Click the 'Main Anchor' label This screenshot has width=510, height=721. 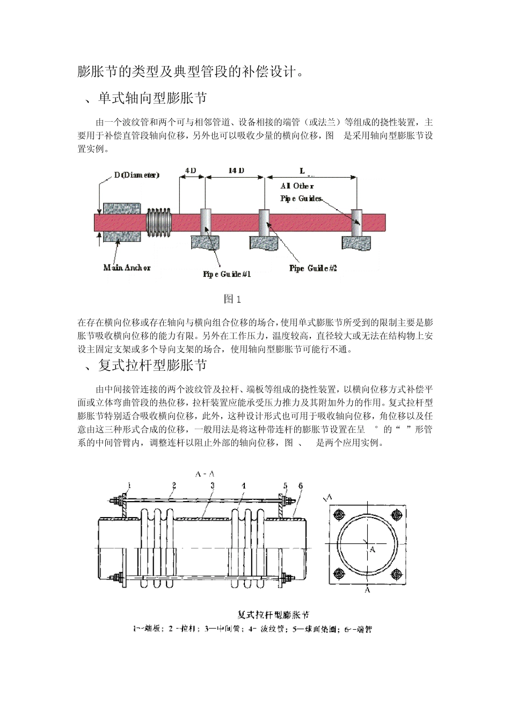(127, 268)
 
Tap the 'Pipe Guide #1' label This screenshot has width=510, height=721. (227, 275)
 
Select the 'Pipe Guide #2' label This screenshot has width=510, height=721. (313, 268)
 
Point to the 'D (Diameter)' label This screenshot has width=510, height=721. (136, 175)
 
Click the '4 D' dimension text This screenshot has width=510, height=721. (191, 171)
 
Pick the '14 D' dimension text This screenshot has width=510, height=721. (236, 171)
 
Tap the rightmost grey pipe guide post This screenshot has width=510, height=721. (356, 222)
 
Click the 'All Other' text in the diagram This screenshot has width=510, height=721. (297, 186)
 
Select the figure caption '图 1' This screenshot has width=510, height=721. (232, 299)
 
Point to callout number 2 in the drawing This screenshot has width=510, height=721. (174, 485)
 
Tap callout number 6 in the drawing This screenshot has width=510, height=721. (301, 486)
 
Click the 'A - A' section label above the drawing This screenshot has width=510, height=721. (206, 474)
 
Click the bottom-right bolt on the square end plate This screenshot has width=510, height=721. (396, 573)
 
